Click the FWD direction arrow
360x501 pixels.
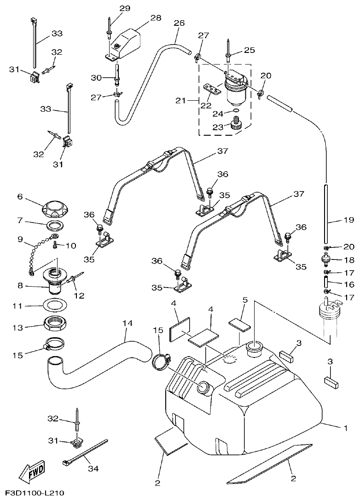[31, 470]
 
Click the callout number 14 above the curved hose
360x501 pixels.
[128, 324]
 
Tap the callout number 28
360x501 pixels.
[156, 17]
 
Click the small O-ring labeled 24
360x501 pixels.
[235, 111]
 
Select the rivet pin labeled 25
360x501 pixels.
[229, 49]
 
